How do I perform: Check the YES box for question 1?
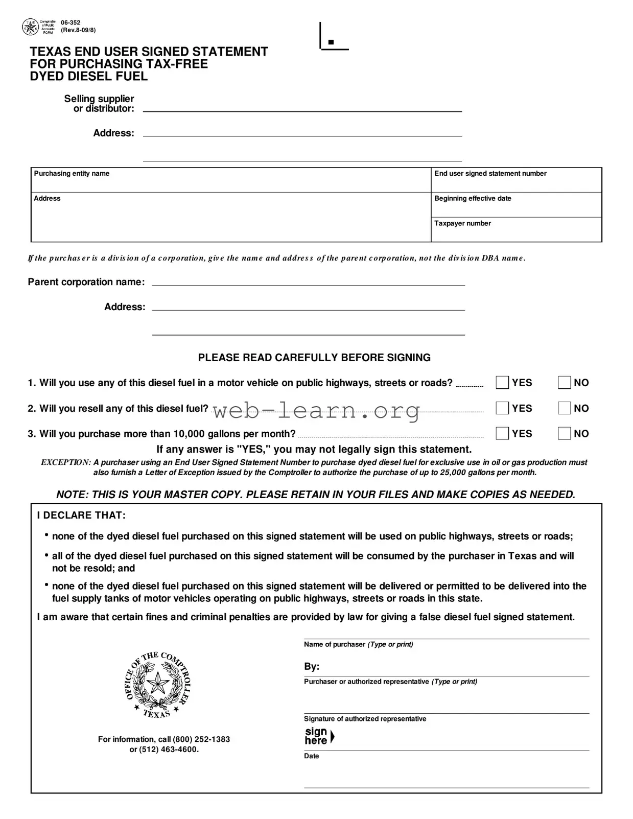click(x=502, y=383)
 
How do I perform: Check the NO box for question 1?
click(x=564, y=383)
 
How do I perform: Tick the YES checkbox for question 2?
click(x=502, y=408)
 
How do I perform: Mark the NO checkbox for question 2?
click(x=564, y=408)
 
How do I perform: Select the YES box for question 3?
click(x=502, y=434)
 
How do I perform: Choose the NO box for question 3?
click(x=564, y=434)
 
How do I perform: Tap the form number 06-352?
click(x=71, y=22)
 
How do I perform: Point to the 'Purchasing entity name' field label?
click(x=72, y=174)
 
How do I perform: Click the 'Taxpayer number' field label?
click(x=462, y=223)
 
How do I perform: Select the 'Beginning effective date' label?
click(x=473, y=199)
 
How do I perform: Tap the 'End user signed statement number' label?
click(x=490, y=174)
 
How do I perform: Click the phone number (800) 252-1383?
click(x=201, y=739)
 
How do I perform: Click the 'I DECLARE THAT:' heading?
click(x=81, y=516)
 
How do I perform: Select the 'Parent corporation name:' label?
click(x=86, y=282)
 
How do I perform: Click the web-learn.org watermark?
click(x=316, y=410)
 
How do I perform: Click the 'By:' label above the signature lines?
click(x=312, y=667)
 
